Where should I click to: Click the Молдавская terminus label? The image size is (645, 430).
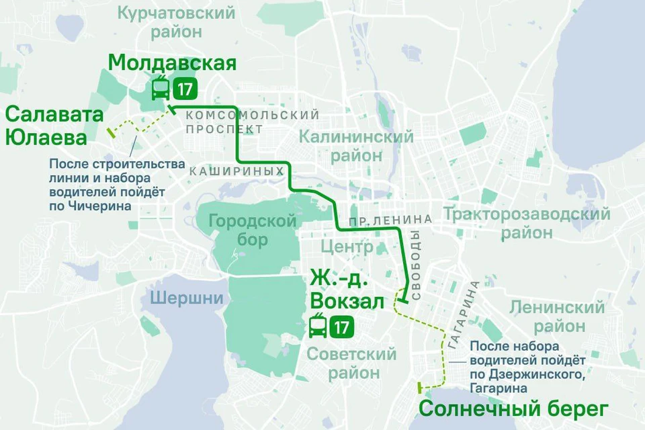[x=172, y=63]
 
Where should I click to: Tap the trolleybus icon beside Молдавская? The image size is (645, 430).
[x=161, y=89]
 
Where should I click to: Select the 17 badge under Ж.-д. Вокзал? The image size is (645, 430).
[x=341, y=328]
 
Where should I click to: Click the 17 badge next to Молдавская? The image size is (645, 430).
[x=185, y=89]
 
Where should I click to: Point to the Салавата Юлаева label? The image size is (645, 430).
[x=54, y=126]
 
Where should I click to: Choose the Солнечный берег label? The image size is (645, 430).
[x=513, y=408]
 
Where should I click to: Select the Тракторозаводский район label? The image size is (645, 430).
[x=526, y=224]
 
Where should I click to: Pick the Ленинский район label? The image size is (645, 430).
[x=558, y=317]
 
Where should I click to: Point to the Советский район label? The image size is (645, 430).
[x=351, y=363]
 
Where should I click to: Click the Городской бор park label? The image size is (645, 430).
[x=253, y=230]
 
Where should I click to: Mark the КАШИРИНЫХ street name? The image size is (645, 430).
[x=236, y=172]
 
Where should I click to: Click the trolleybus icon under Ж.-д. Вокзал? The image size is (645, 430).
[x=318, y=327]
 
